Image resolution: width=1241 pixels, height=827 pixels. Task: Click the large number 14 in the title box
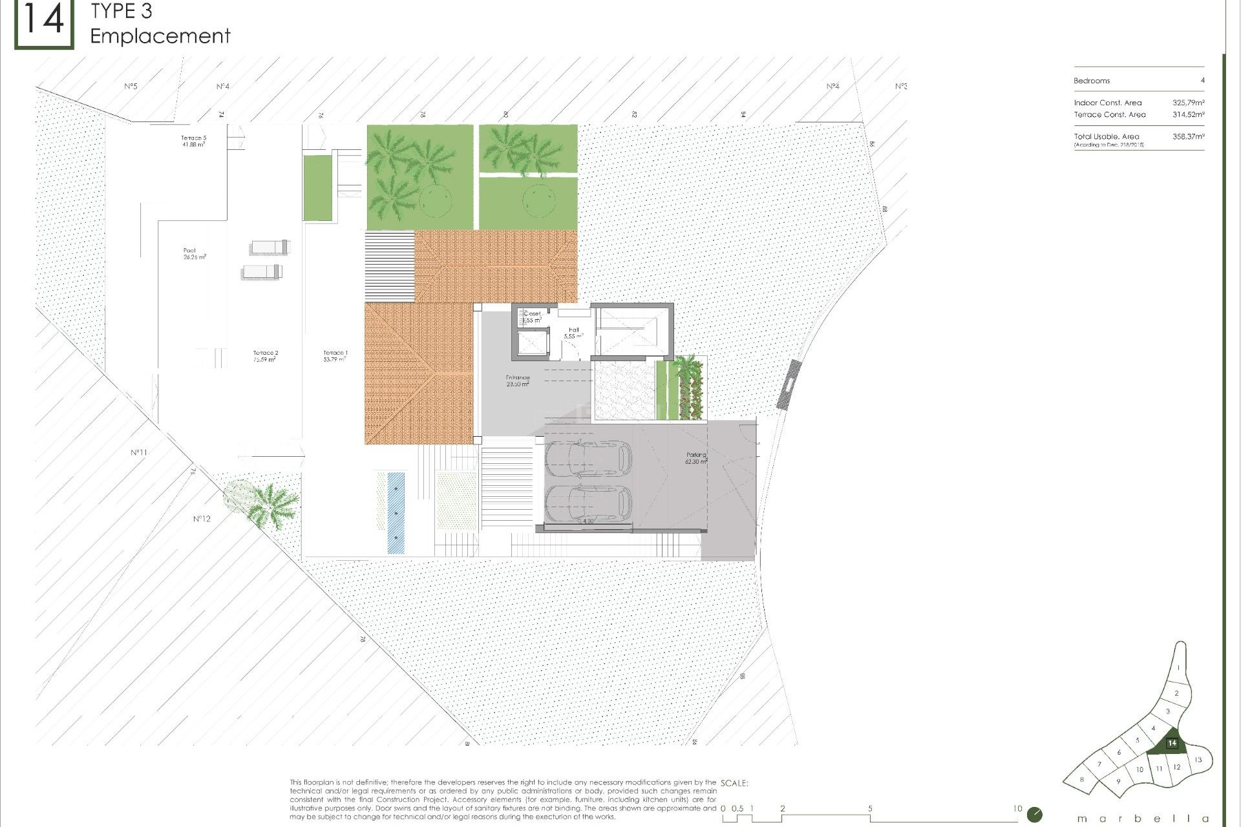click(x=44, y=21)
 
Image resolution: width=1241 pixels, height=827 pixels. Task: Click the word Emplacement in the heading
click(x=160, y=36)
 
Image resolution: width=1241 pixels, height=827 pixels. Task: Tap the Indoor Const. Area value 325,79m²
click(x=1188, y=103)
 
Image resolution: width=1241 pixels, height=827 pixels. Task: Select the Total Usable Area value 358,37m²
click(x=1188, y=137)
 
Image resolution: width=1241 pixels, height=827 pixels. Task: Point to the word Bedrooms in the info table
click(x=1092, y=81)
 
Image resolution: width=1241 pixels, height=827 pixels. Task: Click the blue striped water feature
click(x=396, y=513)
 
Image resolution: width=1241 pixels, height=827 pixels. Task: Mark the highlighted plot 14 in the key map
click(x=1172, y=744)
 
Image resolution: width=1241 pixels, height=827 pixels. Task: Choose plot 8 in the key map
click(x=1082, y=780)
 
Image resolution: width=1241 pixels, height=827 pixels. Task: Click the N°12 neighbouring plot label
click(x=202, y=519)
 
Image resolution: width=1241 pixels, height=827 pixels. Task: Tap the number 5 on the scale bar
click(x=870, y=808)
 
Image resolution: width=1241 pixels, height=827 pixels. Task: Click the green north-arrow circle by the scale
click(x=1034, y=814)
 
